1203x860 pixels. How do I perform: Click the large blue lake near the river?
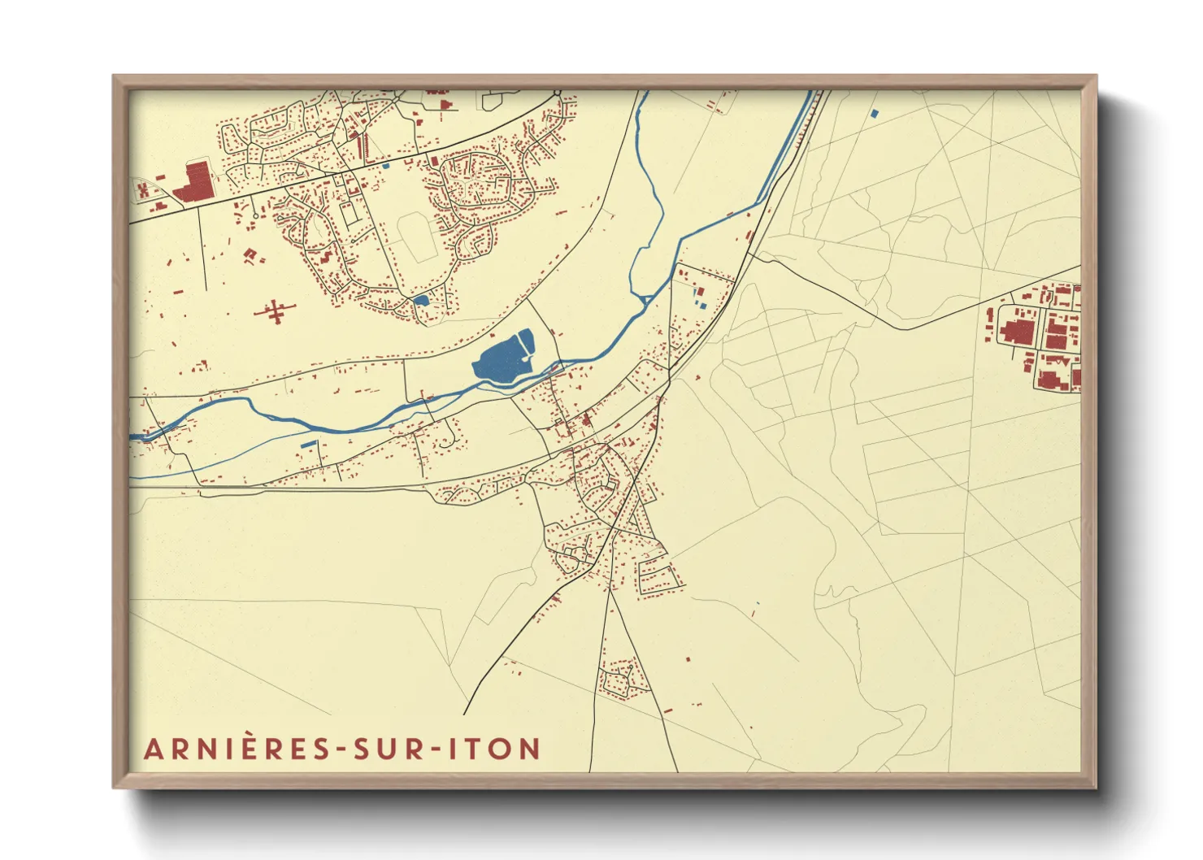tap(502, 358)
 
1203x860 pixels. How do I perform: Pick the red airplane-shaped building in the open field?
tap(275, 311)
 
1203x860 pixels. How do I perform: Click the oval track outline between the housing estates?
tap(417, 236)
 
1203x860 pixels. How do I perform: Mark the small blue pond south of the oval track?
tap(420, 300)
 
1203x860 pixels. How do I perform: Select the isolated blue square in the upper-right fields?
tap(875, 113)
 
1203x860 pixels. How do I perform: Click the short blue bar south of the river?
tap(310, 444)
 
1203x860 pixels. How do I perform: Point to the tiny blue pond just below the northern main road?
tap(387, 166)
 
